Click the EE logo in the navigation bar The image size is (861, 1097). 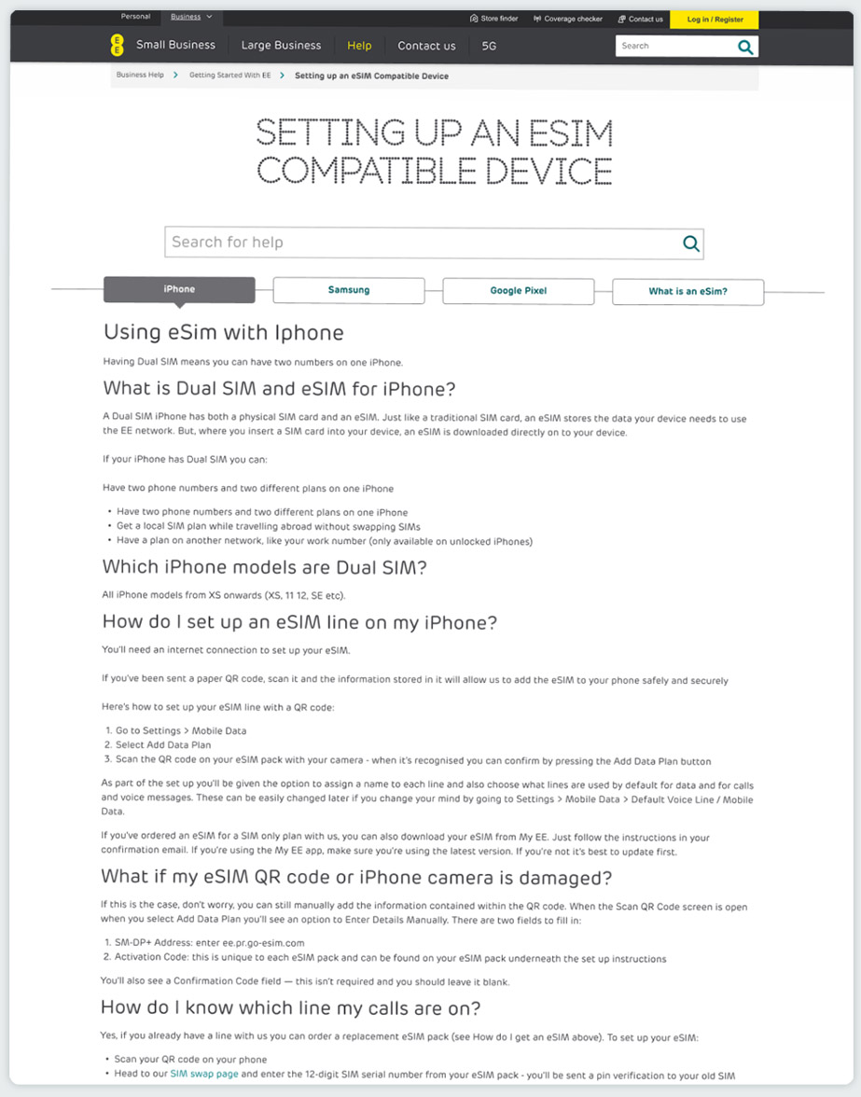pyautogui.click(x=117, y=45)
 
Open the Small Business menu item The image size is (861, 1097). pyautogui.click(x=175, y=46)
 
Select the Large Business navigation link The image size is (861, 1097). pyautogui.click(x=281, y=46)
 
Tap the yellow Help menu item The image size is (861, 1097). pyautogui.click(x=359, y=46)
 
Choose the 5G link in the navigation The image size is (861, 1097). pyautogui.click(x=489, y=46)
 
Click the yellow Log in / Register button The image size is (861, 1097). pyautogui.click(x=715, y=19)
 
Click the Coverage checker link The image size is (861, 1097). pyautogui.click(x=568, y=19)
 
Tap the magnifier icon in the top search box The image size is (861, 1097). pyautogui.click(x=745, y=47)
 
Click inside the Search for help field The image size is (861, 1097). pyautogui.click(x=420, y=243)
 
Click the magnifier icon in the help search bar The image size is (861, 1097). pyautogui.click(x=691, y=243)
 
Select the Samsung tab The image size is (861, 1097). pyautogui.click(x=349, y=290)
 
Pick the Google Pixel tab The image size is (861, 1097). pyautogui.click(x=518, y=291)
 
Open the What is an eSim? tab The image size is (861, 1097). pyautogui.click(x=687, y=292)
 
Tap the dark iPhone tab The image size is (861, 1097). pyautogui.click(x=179, y=289)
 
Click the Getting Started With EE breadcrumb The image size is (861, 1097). pyautogui.click(x=229, y=76)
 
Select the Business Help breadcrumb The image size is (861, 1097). pyautogui.click(x=140, y=76)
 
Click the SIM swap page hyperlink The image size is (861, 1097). pyautogui.click(x=203, y=1075)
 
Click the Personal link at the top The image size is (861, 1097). pyautogui.click(x=135, y=17)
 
